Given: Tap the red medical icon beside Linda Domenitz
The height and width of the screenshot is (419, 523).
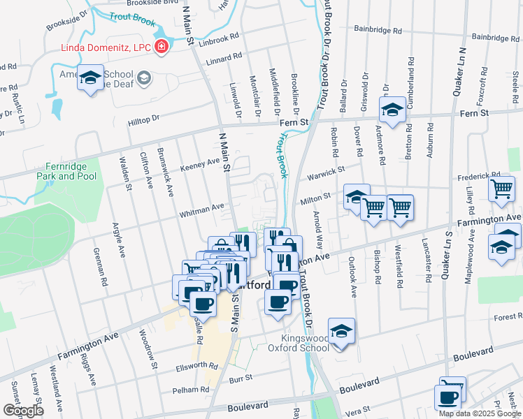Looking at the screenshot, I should pos(162,47).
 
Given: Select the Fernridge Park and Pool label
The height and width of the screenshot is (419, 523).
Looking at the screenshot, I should pos(66,171).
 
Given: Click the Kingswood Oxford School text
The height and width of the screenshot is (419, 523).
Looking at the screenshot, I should pos(299,343).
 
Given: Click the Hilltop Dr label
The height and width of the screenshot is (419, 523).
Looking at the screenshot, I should pos(144,121).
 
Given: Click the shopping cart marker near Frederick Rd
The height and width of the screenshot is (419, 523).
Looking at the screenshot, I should pos(501,188).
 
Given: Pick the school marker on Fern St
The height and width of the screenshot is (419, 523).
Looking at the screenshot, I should pos(392,110).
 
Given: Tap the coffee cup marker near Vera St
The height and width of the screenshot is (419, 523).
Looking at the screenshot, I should pos(447,397).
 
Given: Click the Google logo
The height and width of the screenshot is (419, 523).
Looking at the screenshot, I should pos(23,411).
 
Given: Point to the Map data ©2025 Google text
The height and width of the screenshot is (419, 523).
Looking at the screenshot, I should pos(479,413).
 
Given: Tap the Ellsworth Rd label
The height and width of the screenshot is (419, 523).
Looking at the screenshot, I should pos(197,365).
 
